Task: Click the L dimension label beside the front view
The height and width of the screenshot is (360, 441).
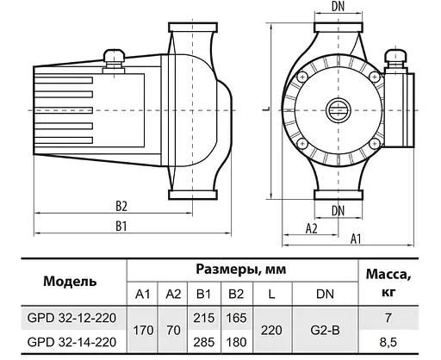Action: click(268, 109)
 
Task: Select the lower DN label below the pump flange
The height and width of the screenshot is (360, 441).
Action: click(339, 209)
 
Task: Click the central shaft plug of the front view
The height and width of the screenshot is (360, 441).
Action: click(339, 111)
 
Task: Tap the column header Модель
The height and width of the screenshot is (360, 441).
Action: click(70, 281)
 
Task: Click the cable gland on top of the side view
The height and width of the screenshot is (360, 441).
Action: click(113, 58)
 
